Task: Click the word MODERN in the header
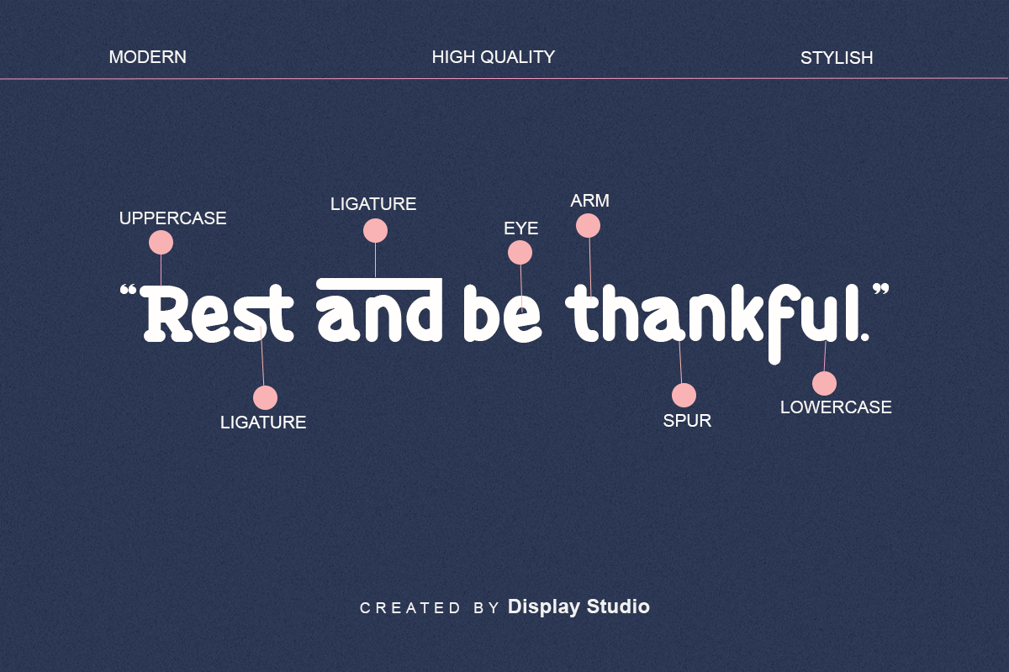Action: [148, 57]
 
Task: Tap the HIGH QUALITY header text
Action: [494, 57]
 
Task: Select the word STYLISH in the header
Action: [837, 58]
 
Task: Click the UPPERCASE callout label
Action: [172, 218]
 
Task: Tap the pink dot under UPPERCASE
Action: [161, 243]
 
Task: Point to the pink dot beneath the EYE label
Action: [520, 253]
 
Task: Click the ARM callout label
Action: [589, 201]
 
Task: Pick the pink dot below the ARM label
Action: [588, 225]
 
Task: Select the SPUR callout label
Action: [687, 421]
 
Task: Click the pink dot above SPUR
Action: [684, 395]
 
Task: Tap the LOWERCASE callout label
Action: [836, 407]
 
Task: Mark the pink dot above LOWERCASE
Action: [824, 384]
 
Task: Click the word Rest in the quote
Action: [217, 313]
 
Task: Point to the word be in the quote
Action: [502, 313]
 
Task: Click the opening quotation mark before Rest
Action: [129, 290]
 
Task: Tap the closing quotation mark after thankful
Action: [881, 289]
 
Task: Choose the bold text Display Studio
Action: [578, 606]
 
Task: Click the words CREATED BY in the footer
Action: [430, 608]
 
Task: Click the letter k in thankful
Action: [746, 313]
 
